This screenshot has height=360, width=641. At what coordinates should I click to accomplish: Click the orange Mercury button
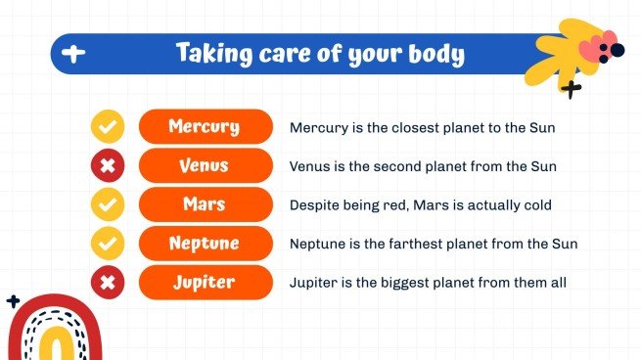205,126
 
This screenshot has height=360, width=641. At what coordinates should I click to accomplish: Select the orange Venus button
205,165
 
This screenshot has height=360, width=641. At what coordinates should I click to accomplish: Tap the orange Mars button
205,204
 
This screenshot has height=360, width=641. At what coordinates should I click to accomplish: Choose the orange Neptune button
205,243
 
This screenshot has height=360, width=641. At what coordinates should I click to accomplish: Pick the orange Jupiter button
205,282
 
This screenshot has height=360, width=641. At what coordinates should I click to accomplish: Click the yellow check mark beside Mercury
108,126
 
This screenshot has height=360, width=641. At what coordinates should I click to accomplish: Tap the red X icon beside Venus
108,165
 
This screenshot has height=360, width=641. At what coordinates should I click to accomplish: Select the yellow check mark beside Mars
108,204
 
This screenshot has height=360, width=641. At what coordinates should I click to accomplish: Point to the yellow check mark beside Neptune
108,243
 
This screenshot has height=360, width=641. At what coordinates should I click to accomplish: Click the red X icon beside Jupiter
108,282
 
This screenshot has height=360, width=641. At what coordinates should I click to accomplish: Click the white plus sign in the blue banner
72,55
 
